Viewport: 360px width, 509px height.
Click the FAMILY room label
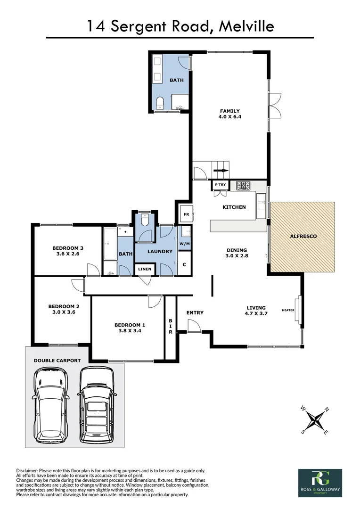230,111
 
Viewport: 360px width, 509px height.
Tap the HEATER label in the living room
288,310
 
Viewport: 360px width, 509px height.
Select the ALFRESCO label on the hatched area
303,236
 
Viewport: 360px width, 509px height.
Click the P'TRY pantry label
220,185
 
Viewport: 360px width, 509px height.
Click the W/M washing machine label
184,244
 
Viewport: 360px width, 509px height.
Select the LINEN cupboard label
145,269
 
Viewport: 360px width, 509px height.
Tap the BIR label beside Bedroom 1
171,326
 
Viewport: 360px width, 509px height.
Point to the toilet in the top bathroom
159,103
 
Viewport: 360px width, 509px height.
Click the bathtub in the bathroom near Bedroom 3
109,244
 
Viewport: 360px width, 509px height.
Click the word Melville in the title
245,26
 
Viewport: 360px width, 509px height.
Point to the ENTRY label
195,312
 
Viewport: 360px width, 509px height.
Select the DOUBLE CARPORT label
57,361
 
